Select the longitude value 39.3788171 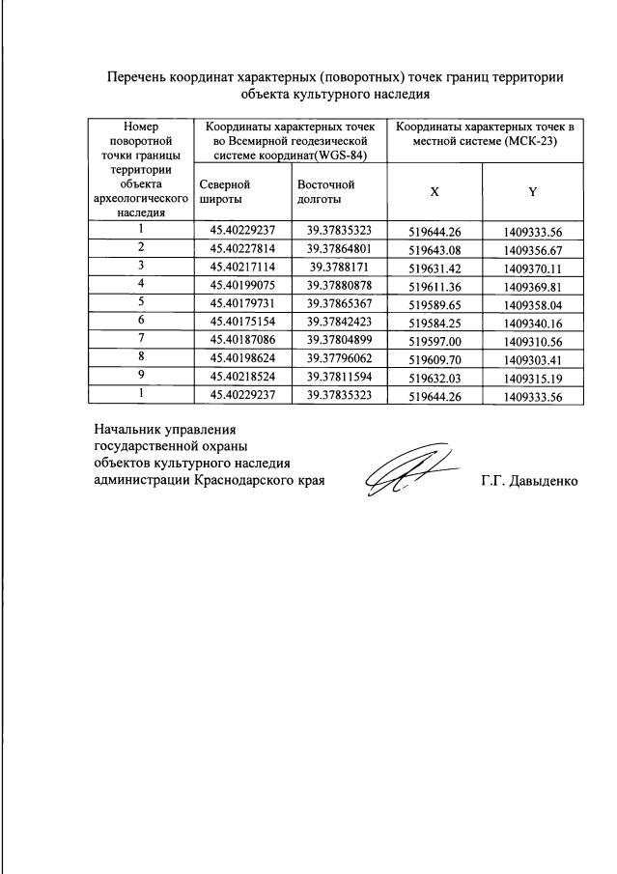pos(339,265)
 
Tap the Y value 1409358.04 pos(532,302)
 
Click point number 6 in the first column pos(141,320)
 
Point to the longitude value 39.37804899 pos(339,338)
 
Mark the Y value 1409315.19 pos(532,376)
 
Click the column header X pos(435,191)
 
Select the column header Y pos(532,191)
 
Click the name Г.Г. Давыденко pos(529,480)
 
